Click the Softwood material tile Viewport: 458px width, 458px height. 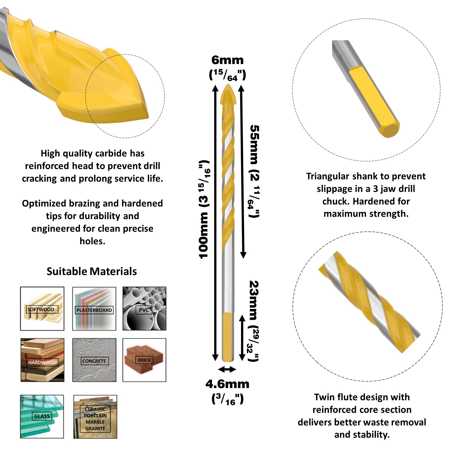(42, 309)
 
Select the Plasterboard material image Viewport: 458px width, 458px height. (94, 309)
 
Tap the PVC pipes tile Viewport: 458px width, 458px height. (144, 309)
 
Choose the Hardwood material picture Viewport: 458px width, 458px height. (42, 360)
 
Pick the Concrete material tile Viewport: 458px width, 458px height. (94, 360)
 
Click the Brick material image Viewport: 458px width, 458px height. (144, 360)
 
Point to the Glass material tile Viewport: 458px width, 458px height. (42, 417)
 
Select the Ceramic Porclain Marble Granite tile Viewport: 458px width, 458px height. (95, 417)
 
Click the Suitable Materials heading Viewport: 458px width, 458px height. (92, 272)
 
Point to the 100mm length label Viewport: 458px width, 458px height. (205, 210)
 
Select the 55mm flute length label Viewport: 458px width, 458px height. (254, 171)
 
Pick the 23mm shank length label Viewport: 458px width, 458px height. (254, 321)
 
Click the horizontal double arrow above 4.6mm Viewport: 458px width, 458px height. (227, 370)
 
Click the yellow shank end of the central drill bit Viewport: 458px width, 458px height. (228, 337)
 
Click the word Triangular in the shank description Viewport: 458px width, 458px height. (328, 176)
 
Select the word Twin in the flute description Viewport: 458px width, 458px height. (324, 397)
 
